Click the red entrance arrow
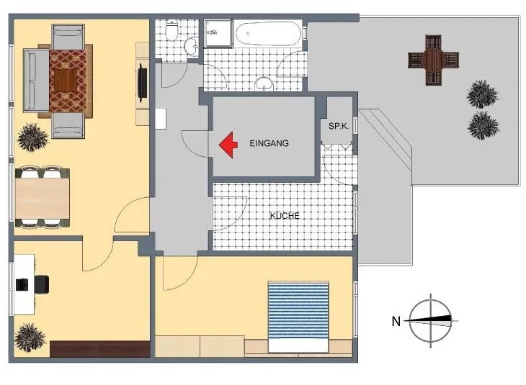[228, 145]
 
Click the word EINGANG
[269, 143]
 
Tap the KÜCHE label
[285, 216]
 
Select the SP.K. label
[339, 127]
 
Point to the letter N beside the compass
[396, 322]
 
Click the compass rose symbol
[431, 321]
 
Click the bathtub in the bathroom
[267, 34]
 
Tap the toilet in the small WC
[172, 30]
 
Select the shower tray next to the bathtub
[219, 34]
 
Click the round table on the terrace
[434, 60]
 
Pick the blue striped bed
[298, 317]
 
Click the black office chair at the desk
[42, 284]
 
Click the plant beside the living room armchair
[32, 137]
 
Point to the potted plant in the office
[30, 338]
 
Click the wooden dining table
[43, 198]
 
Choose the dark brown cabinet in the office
[99, 349]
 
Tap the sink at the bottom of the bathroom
[264, 83]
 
